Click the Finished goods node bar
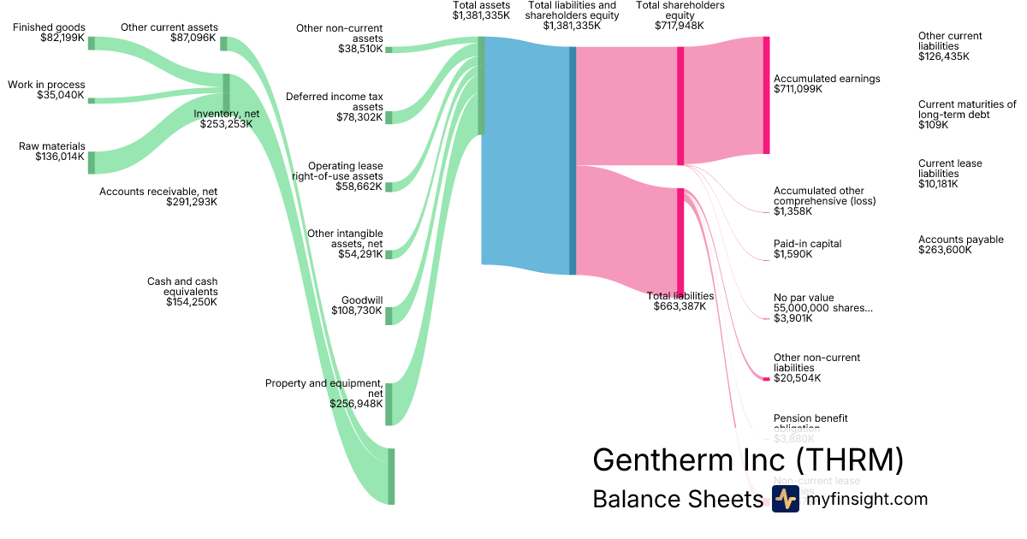tap(92, 44)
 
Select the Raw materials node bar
tap(92, 163)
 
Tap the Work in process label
tap(46, 85)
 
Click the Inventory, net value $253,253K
tap(227, 124)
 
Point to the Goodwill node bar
tap(389, 316)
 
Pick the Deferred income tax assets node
tap(389, 117)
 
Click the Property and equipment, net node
tap(389, 404)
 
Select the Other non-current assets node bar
tap(389, 50)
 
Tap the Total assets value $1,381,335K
tap(481, 15)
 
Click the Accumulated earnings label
tap(827, 79)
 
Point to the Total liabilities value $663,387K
tap(680, 306)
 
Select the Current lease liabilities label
tap(950, 168)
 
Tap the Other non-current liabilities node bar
tap(766, 378)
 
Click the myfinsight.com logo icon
tap(785, 500)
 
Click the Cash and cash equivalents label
tap(182, 286)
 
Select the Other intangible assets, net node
tap(389, 254)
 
